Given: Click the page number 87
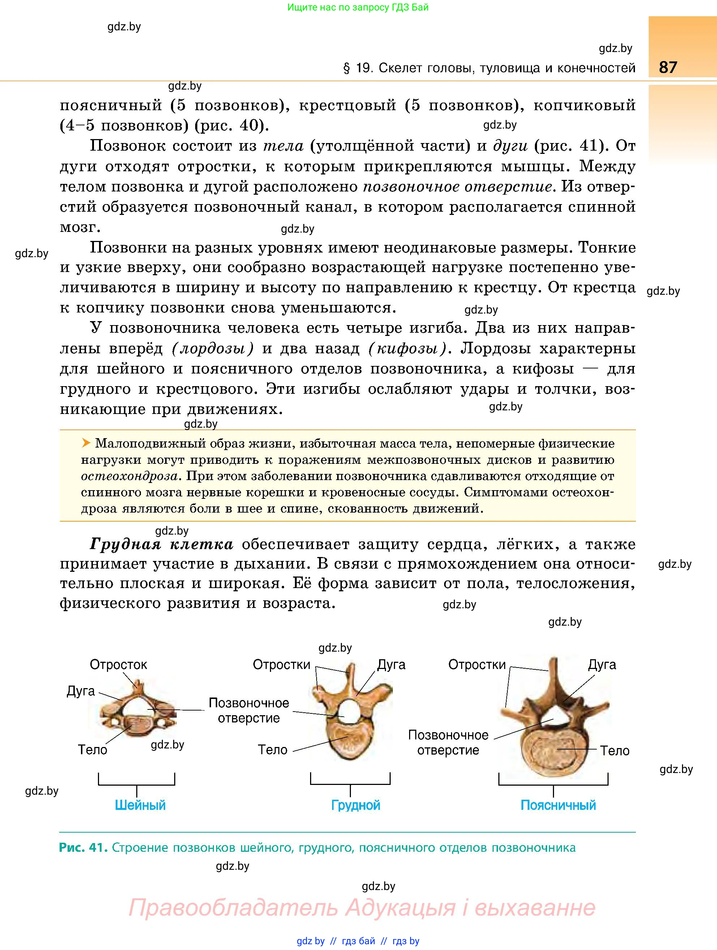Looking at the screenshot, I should click(667, 68).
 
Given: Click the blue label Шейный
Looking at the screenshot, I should click(140, 805).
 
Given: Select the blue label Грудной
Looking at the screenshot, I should click(356, 805).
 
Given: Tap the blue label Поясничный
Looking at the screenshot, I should click(558, 805).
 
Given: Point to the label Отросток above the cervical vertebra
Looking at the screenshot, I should click(118, 665).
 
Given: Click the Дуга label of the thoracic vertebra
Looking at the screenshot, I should click(391, 665).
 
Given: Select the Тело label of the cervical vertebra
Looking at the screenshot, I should click(93, 750).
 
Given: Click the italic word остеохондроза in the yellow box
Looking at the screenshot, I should click(129, 476).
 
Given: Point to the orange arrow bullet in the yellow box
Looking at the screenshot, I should click(86, 443).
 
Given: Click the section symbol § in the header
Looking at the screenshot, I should click(347, 68).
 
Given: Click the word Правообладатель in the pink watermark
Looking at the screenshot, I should click(234, 908).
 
